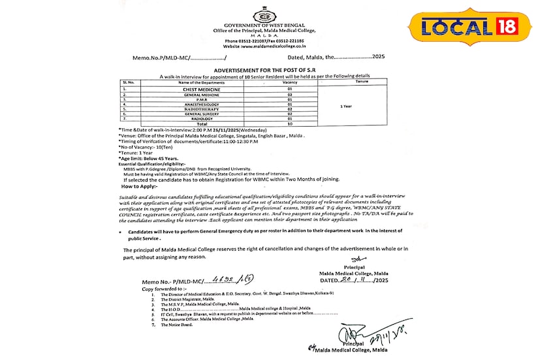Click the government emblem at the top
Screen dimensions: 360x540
264,15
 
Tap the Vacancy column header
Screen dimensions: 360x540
290,82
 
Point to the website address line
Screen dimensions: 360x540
264,47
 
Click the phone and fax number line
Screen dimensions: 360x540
264,42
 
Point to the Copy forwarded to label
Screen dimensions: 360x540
161,287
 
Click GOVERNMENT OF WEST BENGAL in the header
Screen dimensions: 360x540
264,25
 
